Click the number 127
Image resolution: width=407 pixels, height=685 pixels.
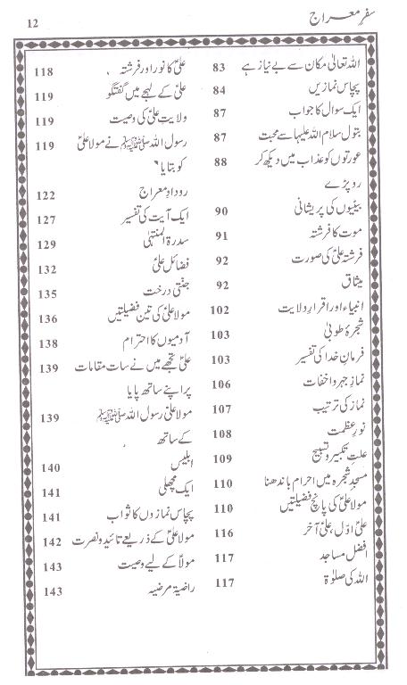click(x=47, y=219)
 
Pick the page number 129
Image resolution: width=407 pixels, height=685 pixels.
click(x=47, y=243)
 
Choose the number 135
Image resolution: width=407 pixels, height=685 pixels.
click(x=47, y=293)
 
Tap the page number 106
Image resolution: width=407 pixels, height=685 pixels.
click(x=220, y=384)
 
